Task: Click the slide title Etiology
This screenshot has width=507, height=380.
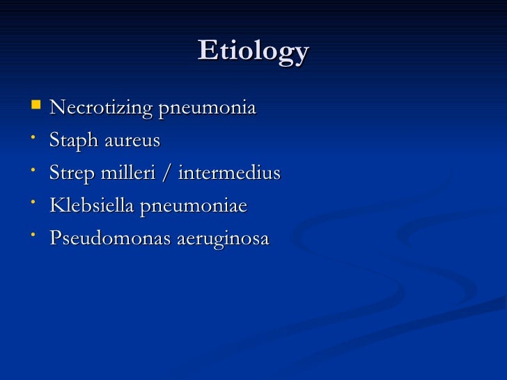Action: tap(253, 52)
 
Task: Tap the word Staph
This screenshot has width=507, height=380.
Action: tap(74, 141)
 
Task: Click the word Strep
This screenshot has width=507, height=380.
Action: tap(72, 173)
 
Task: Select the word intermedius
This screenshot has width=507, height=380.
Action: tap(229, 173)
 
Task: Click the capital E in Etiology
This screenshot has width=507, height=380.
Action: tap(208, 51)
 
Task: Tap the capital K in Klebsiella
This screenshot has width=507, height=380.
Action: tap(57, 205)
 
